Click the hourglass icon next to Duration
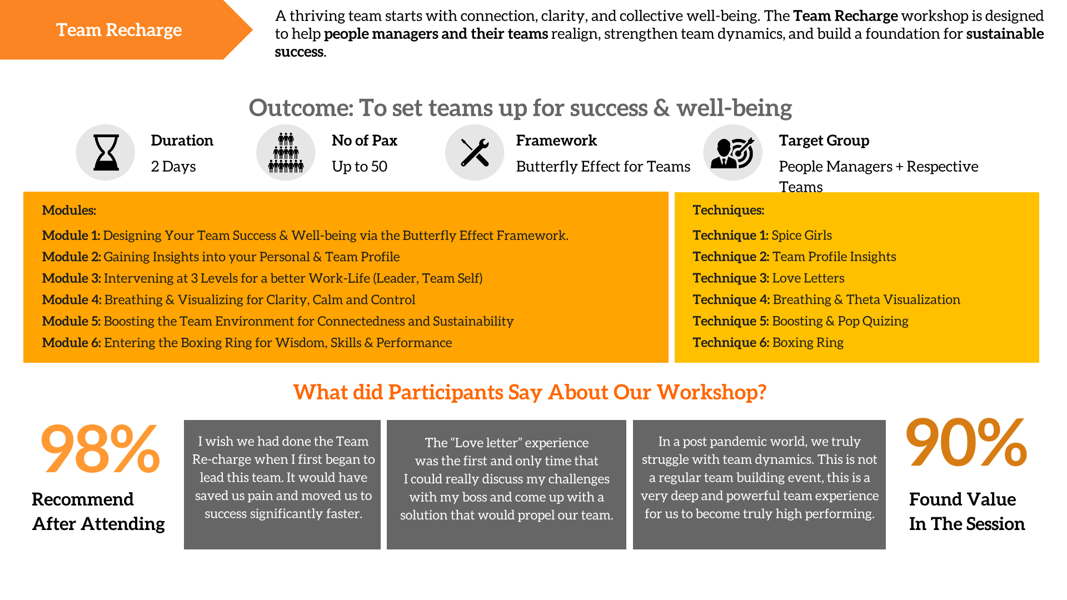point(106,152)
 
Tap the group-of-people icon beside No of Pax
point(286,152)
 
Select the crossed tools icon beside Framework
point(475,152)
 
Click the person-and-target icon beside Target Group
point(732,152)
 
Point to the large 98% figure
point(100,448)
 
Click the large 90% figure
point(966,442)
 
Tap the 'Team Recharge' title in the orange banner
point(119,29)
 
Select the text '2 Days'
point(173,166)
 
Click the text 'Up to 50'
point(360,166)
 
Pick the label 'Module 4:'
point(72,299)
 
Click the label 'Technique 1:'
point(730,235)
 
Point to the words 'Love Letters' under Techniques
point(808,278)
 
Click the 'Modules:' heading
point(69,210)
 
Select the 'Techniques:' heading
point(728,210)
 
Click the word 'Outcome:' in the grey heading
point(301,108)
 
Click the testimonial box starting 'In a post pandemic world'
point(759,484)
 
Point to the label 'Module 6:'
point(72,343)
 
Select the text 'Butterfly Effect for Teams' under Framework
point(603,166)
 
